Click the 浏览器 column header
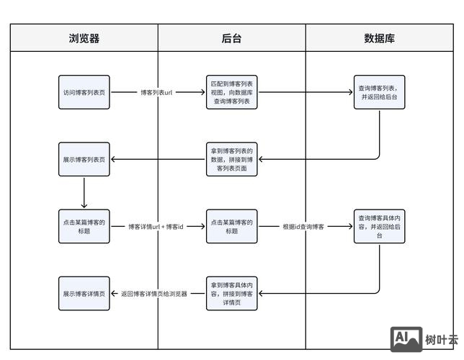click(x=84, y=38)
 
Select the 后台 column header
click(x=231, y=38)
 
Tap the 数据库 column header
click(x=379, y=38)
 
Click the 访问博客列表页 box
click(x=84, y=92)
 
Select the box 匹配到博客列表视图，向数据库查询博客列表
click(x=231, y=92)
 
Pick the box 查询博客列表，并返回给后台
click(x=379, y=93)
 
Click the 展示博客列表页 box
click(x=84, y=159)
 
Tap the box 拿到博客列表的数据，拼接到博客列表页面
click(x=231, y=159)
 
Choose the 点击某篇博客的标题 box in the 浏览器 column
click(x=84, y=226)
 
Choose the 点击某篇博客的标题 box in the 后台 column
click(x=231, y=226)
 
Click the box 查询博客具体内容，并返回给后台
click(x=379, y=226)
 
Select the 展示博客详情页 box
click(x=84, y=293)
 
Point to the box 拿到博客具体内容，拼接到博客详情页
click(x=231, y=293)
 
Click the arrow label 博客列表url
click(x=156, y=92)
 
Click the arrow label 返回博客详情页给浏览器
click(x=154, y=293)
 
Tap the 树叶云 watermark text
click(x=441, y=340)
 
